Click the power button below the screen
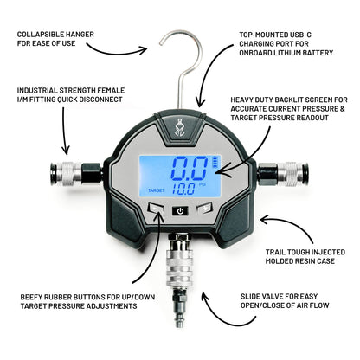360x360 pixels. (179, 210)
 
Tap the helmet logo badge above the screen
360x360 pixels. (179, 126)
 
